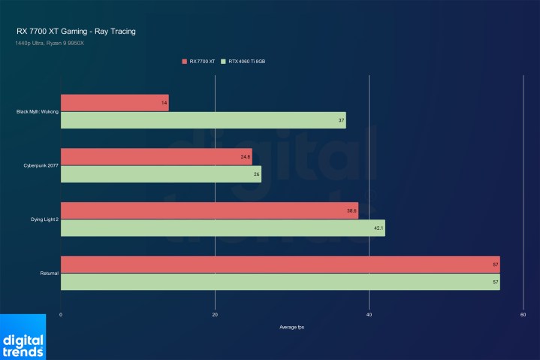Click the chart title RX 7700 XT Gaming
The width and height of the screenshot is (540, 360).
76,32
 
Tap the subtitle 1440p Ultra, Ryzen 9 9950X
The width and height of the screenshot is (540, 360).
50,43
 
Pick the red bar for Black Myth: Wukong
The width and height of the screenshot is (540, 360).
114,103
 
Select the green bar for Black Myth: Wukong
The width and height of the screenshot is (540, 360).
203,120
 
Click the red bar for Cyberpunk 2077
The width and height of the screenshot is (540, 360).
155,157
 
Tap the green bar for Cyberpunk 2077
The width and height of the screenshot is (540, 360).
161,174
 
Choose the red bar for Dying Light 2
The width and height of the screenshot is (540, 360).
209,210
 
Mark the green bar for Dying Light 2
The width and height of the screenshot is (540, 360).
222,228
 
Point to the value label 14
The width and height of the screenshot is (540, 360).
164,103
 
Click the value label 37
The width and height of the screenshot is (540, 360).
341,120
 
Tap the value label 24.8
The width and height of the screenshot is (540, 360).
246,157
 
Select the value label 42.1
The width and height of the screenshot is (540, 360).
379,228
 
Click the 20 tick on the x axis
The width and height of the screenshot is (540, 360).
215,314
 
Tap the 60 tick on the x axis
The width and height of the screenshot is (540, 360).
523,314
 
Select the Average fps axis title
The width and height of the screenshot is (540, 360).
291,327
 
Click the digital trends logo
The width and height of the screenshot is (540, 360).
23,343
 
